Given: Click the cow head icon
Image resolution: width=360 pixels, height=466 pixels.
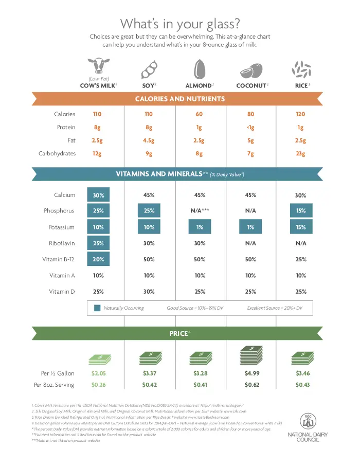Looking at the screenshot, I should [x=98, y=67].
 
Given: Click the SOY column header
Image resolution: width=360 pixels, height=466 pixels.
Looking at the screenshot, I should [x=148, y=85].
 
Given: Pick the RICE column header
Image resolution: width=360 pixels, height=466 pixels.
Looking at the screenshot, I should [x=300, y=85].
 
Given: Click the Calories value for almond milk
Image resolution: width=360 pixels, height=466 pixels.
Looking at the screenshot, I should [x=200, y=114].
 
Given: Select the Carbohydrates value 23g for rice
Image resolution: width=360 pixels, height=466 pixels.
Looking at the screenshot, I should [x=300, y=153].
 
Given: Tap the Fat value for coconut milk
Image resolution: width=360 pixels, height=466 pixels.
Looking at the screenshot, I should [x=251, y=140].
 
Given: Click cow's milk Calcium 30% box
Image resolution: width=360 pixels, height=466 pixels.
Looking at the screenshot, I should [x=98, y=195].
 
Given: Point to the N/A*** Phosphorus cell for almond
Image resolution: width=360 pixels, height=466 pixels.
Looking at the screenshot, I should [x=200, y=211].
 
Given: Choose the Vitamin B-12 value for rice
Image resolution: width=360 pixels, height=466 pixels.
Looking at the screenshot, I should [x=300, y=259].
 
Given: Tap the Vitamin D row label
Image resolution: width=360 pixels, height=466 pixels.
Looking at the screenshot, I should [x=62, y=292].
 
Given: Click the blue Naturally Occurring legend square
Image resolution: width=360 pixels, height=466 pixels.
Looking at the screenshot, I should [x=97, y=308].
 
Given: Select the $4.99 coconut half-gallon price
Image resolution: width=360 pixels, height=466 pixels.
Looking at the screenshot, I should [x=251, y=373].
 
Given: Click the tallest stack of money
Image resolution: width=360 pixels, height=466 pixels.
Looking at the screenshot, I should [x=251, y=355].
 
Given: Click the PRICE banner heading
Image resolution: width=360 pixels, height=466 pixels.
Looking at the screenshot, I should [x=178, y=334].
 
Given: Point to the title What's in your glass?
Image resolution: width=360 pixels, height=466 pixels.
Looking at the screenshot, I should [x=179, y=24].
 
